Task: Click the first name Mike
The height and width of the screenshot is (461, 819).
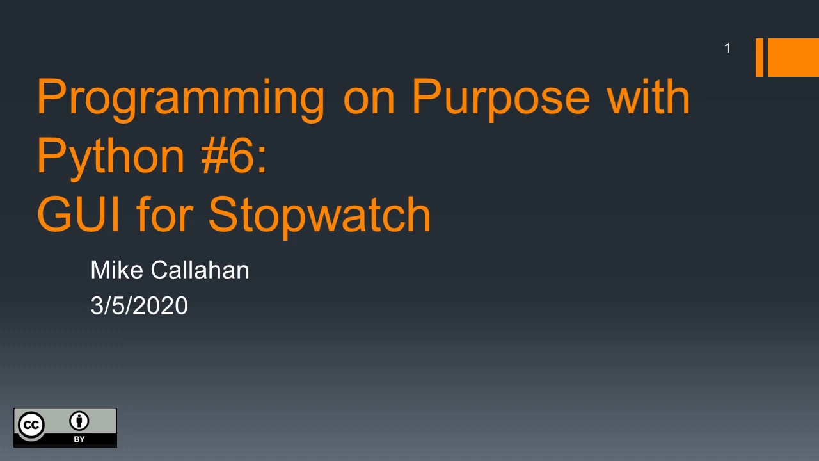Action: point(117,270)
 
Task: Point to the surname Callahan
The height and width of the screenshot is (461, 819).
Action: point(200,270)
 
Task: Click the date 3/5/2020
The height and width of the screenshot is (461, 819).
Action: point(139,306)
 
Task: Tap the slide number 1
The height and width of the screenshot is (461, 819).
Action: point(727,48)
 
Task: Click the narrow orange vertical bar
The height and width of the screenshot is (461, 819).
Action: point(759,58)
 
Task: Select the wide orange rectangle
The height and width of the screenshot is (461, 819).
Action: point(793,58)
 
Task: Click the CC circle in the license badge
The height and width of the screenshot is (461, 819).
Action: point(31,425)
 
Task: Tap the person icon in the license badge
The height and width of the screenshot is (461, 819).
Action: point(80,421)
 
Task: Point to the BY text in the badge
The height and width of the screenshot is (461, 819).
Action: point(79,439)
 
